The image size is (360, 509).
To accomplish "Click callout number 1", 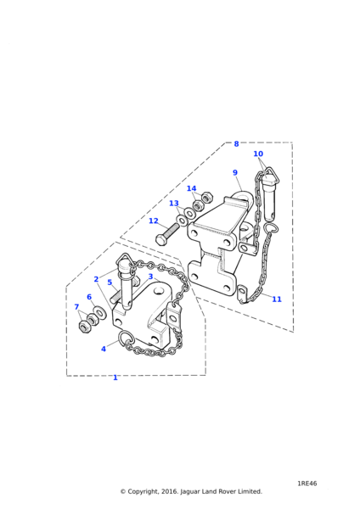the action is click(115, 378).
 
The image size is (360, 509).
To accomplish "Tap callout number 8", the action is click(236, 143).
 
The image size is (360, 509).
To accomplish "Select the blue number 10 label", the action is click(258, 154).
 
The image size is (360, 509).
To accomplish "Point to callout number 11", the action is click(277, 299).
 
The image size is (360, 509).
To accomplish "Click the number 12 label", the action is click(154, 221).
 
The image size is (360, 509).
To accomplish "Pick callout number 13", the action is click(174, 204).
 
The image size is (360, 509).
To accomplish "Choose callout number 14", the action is click(191, 188).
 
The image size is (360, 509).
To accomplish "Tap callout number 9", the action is click(235, 173).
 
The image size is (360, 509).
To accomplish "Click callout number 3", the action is click(150, 277).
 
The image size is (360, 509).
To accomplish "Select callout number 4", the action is click(104, 349).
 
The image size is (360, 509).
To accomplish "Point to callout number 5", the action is click(110, 282).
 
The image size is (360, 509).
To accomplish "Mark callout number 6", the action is click(89, 297).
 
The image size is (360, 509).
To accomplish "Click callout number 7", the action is click(76, 307).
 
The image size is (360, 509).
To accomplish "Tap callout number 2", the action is click(96, 279).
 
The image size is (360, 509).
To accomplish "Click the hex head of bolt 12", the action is click(160, 241).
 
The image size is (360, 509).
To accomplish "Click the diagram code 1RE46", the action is click(307, 484).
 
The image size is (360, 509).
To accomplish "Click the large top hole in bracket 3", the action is click(159, 290).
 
